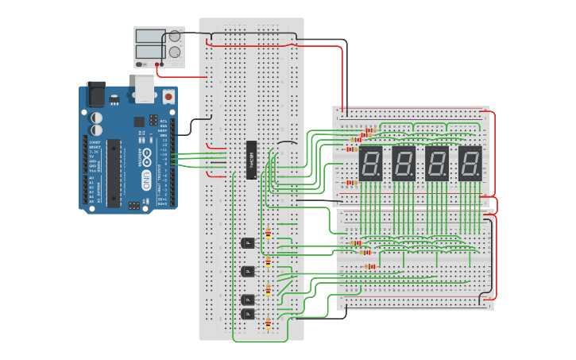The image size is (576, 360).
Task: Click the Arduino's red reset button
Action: click(168, 96)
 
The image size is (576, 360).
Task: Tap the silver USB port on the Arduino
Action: click(145, 89)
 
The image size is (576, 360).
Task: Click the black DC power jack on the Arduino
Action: click(95, 94)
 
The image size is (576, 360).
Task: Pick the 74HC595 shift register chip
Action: click(251, 160)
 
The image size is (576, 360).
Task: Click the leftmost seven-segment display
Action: click(371, 163)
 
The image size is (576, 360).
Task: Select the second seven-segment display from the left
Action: click(404, 163)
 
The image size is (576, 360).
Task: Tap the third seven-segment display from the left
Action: click(437, 163)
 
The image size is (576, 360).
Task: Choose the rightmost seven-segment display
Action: click(470, 163)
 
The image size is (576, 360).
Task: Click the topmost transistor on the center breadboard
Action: click(248, 242)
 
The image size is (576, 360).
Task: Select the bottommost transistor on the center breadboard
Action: click(248, 314)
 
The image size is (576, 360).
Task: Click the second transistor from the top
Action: click(248, 271)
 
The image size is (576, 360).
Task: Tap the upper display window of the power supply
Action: click(150, 36)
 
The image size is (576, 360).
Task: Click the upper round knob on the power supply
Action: click(175, 37)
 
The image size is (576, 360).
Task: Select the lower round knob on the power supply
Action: click(175, 52)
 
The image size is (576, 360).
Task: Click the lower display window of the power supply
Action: click(150, 52)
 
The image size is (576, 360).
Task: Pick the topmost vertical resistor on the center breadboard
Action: click(268, 234)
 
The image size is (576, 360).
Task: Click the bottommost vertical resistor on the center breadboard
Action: click(268, 323)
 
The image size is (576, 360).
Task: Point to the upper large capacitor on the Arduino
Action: click(97, 117)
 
